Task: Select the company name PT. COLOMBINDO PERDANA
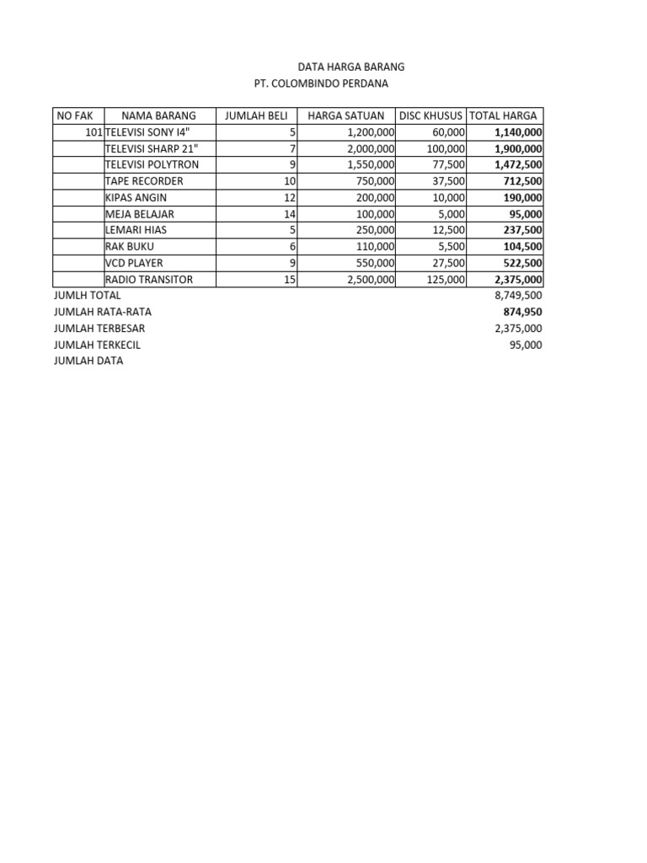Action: pyautogui.click(x=322, y=83)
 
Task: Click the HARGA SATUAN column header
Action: pyautogui.click(x=346, y=115)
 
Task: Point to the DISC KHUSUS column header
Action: pyautogui.click(x=431, y=115)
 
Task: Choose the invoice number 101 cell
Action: pyautogui.click(x=94, y=132)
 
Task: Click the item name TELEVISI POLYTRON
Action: pyautogui.click(x=152, y=164)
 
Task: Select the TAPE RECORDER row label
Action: pyautogui.click(x=144, y=181)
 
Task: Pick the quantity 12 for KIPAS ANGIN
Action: pyautogui.click(x=290, y=197)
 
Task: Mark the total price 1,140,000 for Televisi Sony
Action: pyautogui.click(x=518, y=132)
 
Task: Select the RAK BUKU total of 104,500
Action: pyautogui.click(x=523, y=246)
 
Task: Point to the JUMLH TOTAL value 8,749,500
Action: pyautogui.click(x=518, y=296)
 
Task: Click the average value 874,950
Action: pyautogui.click(x=523, y=312)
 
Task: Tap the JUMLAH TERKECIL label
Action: pyautogui.click(x=97, y=345)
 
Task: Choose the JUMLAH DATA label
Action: pyautogui.click(x=88, y=361)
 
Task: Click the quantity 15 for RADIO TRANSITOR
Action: pyautogui.click(x=290, y=279)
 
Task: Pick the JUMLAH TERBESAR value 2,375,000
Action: pyautogui.click(x=518, y=329)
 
